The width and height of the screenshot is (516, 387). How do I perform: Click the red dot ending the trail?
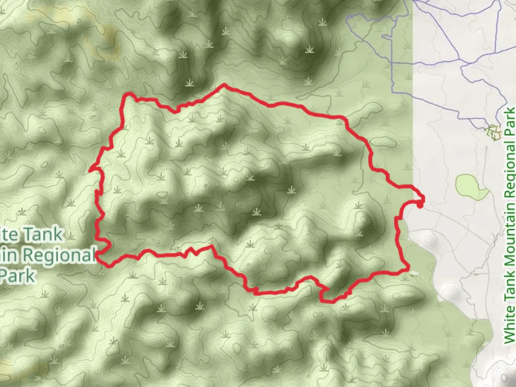419,205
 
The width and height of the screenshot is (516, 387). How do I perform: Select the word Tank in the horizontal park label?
43,235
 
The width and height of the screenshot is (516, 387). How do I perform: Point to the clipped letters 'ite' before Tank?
10,235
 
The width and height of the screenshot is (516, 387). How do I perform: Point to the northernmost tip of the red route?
224,85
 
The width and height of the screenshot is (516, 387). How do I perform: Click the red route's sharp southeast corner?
408,269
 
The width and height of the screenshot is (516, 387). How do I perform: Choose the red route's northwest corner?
127,95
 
